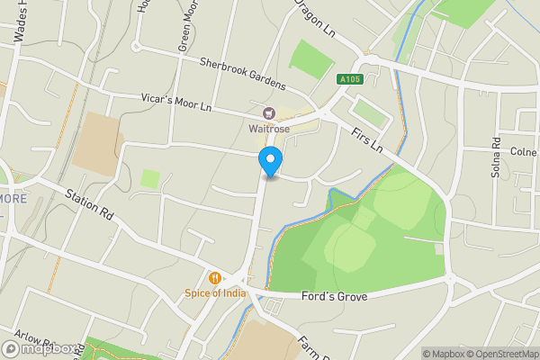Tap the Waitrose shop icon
(x=268, y=113)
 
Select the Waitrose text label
(x=268, y=128)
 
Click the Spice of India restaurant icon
(x=215, y=278)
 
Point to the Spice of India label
(x=215, y=292)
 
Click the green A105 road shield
(x=351, y=80)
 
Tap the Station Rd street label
(x=89, y=205)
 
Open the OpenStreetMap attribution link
(x=493, y=354)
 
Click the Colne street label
(x=524, y=151)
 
